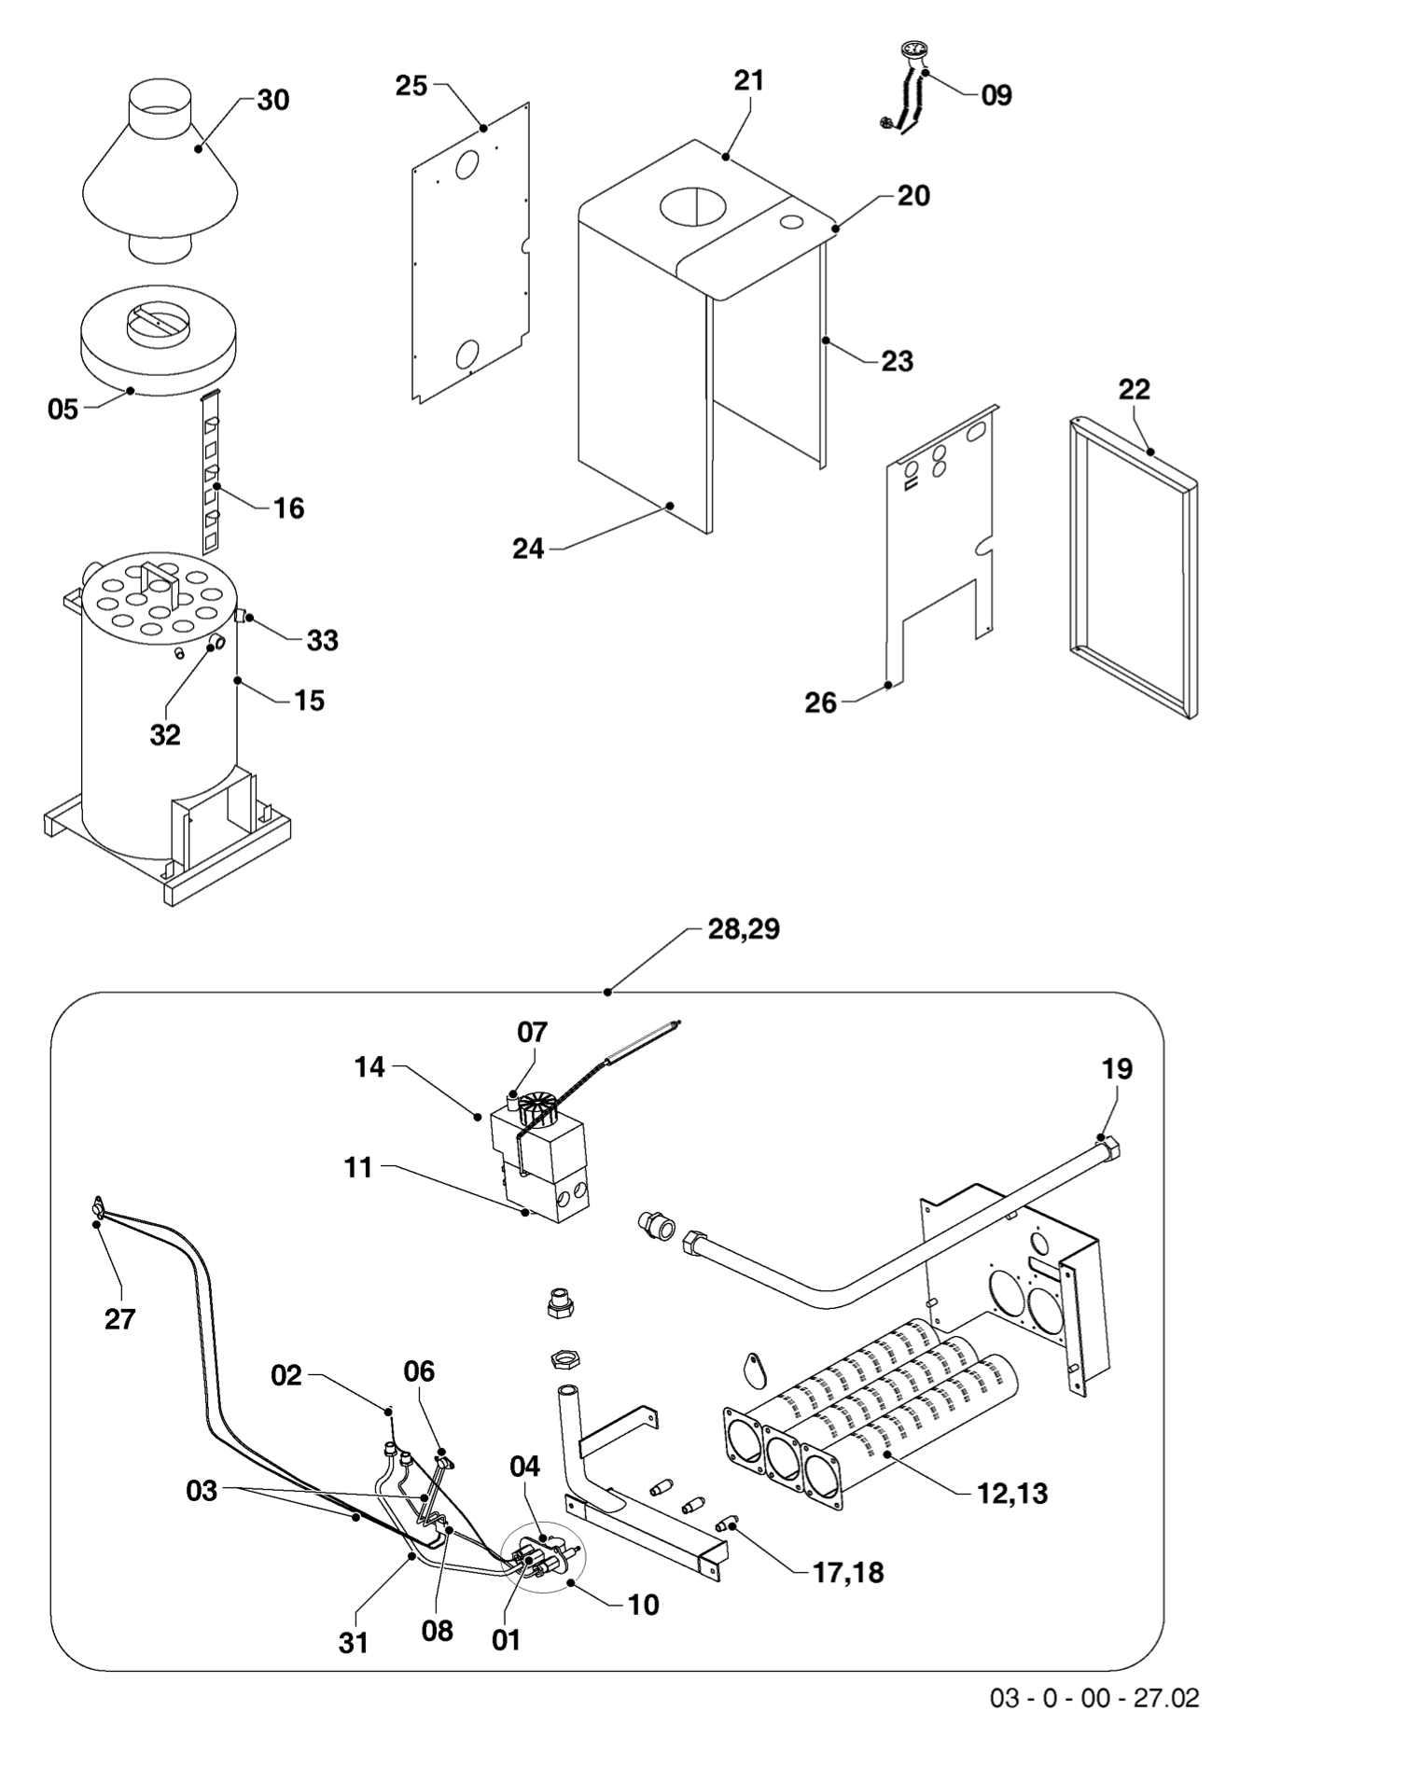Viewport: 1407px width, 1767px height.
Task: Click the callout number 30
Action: coord(272,100)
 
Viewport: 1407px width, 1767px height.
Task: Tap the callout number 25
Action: coord(411,86)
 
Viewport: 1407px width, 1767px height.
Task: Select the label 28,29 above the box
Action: coord(743,929)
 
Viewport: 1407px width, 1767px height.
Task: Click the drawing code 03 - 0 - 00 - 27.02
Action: coord(1094,1698)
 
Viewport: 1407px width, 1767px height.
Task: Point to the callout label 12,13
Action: coord(1012,1494)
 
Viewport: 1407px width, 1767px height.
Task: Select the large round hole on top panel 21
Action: coord(691,205)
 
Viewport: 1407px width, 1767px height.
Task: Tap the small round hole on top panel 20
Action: coord(791,223)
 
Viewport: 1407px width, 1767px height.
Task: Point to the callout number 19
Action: coord(1117,1068)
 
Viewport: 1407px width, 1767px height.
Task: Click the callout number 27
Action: coord(119,1319)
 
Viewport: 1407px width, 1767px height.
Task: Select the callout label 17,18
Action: coord(848,1573)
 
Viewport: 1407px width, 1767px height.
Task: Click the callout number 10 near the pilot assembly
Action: coord(643,1605)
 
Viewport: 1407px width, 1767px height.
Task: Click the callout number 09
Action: coord(996,95)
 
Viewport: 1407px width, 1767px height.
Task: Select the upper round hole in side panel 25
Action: coord(466,166)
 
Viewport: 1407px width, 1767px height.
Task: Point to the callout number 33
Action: coord(323,641)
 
